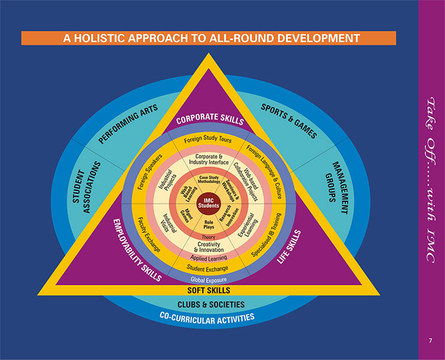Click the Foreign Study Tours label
point(208,140)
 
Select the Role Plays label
point(209,225)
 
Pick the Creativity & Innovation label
point(209,247)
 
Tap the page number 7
point(430,341)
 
